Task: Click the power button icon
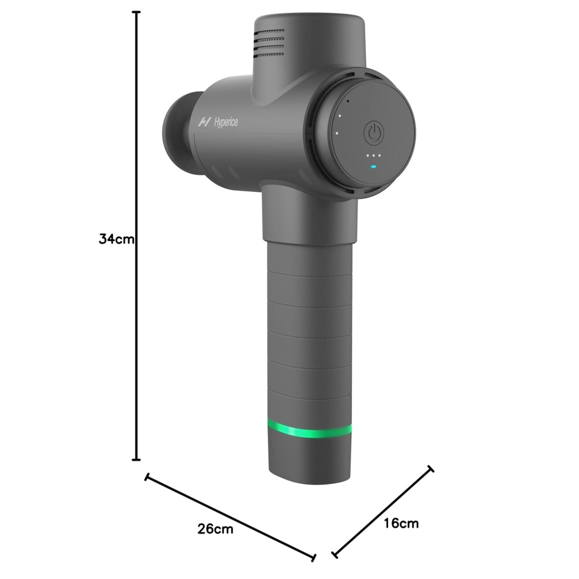click(373, 132)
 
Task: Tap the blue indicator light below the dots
click(373, 166)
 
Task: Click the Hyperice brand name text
click(224, 122)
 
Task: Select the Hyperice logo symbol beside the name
click(204, 122)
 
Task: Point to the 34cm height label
click(116, 239)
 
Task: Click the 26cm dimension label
click(215, 528)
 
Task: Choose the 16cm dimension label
click(401, 523)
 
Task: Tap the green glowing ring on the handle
click(309, 432)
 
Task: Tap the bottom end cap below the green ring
click(309, 462)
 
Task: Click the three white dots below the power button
click(373, 156)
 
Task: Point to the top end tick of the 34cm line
click(137, 13)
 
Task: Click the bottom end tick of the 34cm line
click(137, 459)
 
